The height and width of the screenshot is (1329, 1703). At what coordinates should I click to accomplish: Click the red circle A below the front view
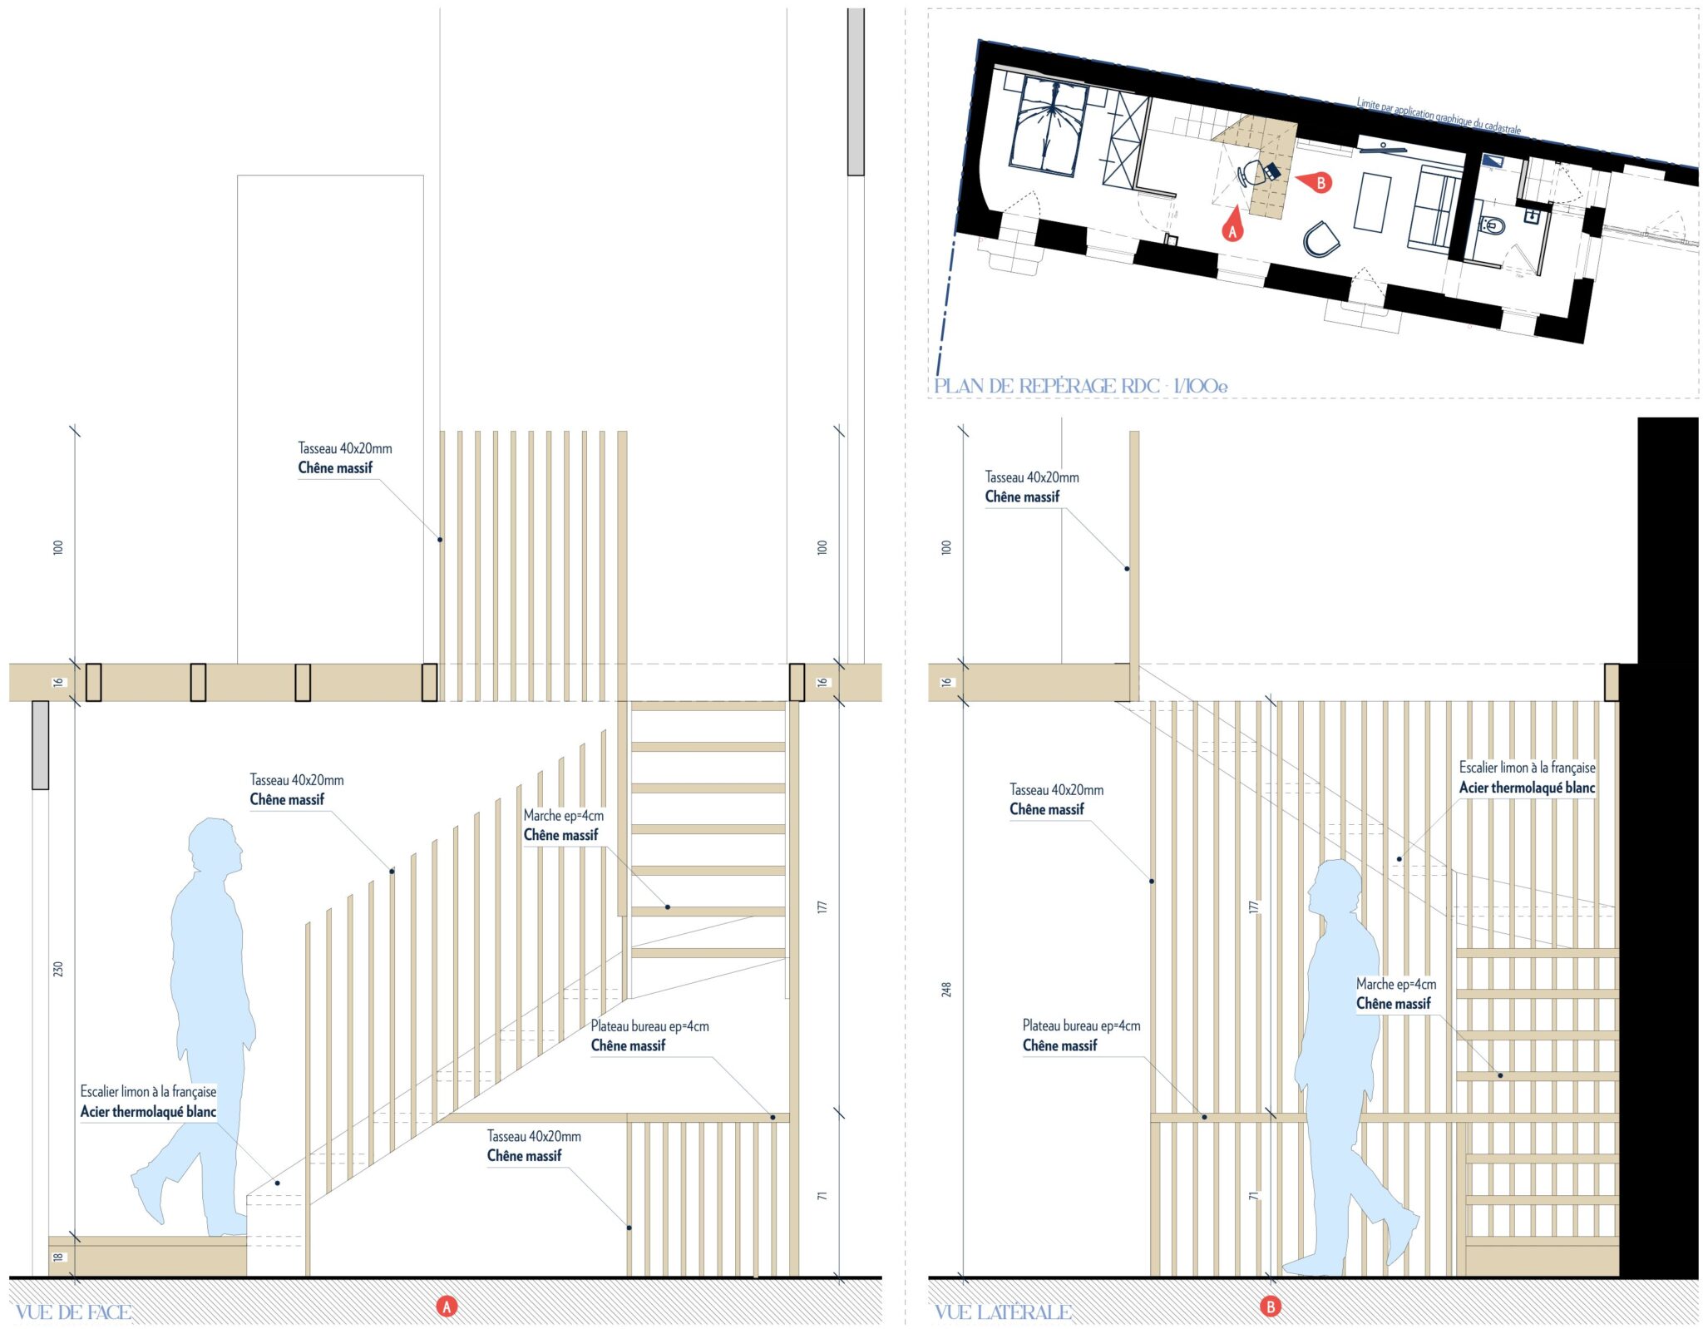click(447, 1307)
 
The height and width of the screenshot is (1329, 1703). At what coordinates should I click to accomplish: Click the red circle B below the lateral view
click(1270, 1307)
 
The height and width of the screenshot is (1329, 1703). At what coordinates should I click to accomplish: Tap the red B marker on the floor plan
click(1316, 182)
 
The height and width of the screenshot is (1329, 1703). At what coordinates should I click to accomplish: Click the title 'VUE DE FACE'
click(73, 1312)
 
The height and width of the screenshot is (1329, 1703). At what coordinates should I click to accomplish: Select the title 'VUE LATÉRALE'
click(1002, 1312)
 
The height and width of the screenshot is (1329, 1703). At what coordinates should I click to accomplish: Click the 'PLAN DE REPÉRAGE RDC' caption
click(1046, 386)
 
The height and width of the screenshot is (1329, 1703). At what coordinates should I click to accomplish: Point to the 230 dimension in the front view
click(58, 969)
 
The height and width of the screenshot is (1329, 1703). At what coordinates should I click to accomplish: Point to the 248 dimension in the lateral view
click(946, 990)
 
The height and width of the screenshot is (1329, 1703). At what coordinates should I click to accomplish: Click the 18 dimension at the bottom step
click(58, 1257)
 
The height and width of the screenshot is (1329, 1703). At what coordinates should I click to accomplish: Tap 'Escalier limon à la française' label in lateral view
click(1527, 768)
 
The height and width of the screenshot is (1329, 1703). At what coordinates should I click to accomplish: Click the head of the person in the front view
click(215, 846)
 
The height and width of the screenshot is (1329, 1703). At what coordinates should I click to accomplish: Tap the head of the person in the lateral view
click(1334, 888)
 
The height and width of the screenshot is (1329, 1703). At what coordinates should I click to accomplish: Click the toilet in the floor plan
click(1492, 225)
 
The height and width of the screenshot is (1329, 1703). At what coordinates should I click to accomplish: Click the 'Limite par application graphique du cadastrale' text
click(1439, 116)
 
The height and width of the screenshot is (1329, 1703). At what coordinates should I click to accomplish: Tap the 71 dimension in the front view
click(822, 1196)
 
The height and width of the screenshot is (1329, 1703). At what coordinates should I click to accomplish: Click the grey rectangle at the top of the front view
click(856, 91)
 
